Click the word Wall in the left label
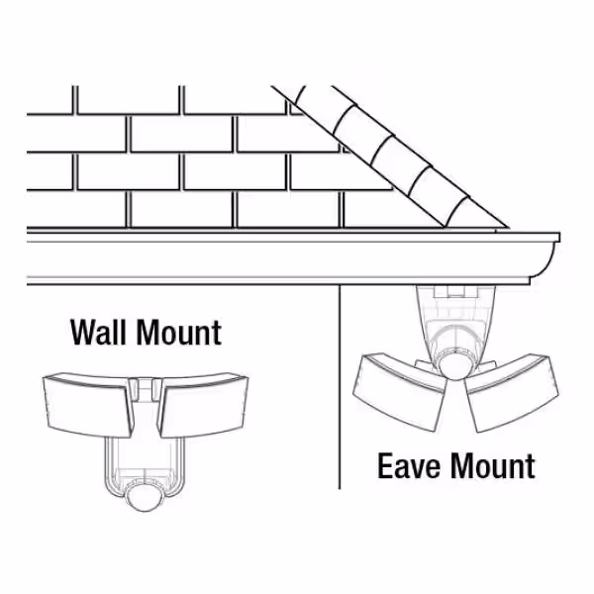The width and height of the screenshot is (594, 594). tap(98, 333)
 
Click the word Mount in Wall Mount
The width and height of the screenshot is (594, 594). tap(179, 333)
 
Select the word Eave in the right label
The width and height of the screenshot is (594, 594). tap(409, 465)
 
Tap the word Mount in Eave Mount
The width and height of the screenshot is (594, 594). tap(493, 465)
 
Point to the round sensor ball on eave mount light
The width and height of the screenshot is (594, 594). tap(455, 363)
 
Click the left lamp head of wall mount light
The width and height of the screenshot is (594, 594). tap(89, 405)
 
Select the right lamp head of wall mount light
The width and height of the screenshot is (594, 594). tap(204, 405)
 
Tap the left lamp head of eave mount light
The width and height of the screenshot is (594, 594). tap(400, 391)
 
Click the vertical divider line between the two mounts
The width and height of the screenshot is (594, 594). tap(340, 387)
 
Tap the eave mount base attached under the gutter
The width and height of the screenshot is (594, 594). tap(455, 318)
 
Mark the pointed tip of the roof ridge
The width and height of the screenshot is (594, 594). tap(508, 228)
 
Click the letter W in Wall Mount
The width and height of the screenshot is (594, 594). tap(83, 333)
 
